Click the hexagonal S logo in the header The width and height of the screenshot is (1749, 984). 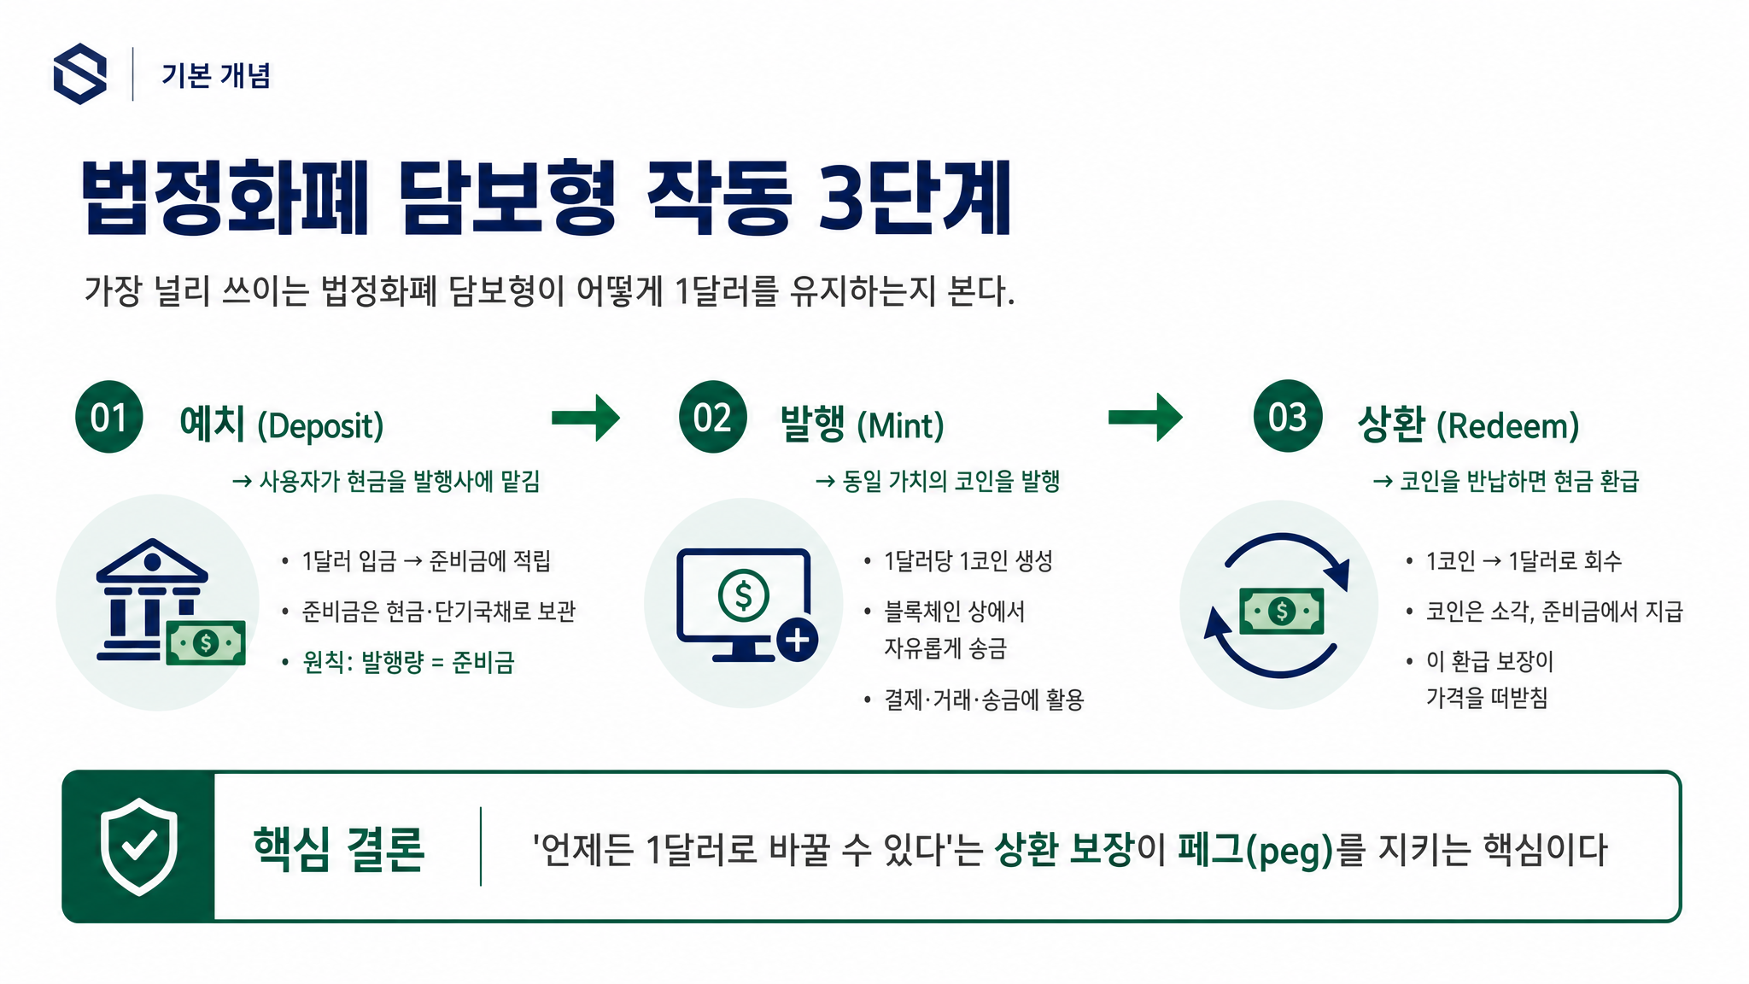point(80,74)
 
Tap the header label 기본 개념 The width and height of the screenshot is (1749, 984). point(216,75)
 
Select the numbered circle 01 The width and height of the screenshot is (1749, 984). point(109,417)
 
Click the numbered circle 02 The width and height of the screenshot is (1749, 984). point(713,417)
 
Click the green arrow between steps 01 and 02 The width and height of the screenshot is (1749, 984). point(586,418)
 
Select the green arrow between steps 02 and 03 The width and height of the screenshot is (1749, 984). point(1145,418)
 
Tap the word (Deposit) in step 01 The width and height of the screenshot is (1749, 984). point(320,425)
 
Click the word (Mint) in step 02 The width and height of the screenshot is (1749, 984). point(900,425)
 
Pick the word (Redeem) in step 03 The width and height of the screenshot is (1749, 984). point(1507,425)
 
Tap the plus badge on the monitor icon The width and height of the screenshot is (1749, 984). point(798,640)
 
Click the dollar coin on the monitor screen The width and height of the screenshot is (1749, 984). point(743,594)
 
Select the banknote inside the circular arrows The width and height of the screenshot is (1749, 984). point(1282,611)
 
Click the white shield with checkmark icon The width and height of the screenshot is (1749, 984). point(139,846)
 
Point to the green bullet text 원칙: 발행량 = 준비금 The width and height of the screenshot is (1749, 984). point(408,662)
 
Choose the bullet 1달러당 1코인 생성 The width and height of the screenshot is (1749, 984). point(968,561)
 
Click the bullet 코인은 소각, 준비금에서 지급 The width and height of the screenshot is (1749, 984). point(1554,612)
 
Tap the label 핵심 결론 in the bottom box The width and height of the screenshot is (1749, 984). point(339,849)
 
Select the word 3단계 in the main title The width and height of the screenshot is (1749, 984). point(915,198)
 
